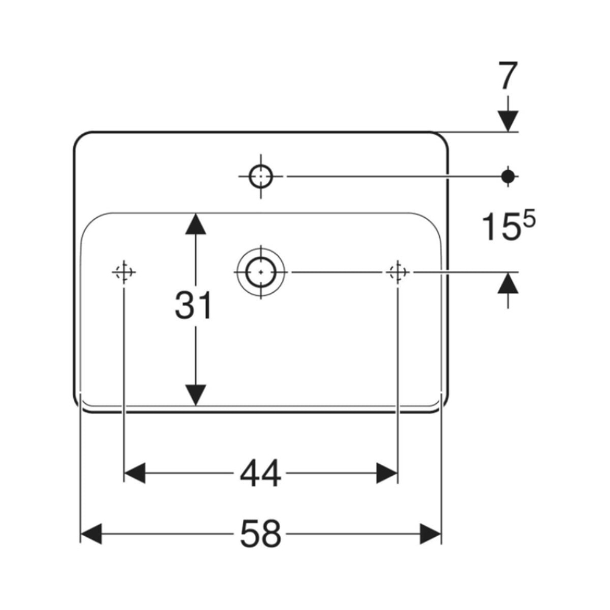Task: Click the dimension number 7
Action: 508,76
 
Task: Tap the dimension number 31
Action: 193,306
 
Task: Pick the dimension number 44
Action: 260,473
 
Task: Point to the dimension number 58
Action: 260,534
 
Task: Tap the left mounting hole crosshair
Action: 124,272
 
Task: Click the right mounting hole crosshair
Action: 397,272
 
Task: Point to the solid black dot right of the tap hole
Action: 508,176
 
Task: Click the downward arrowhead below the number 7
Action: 508,121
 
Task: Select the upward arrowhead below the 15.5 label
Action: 508,283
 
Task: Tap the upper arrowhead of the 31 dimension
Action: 195,223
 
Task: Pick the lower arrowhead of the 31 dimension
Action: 195,395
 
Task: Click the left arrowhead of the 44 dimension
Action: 135,473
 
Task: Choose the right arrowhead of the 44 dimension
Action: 387,473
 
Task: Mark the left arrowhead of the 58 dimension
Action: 91,534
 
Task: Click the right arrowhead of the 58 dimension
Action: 431,534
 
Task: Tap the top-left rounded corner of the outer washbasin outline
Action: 80,137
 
